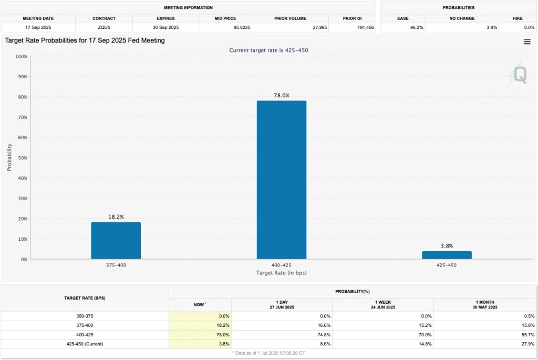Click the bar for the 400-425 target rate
[281, 180]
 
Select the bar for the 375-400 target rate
[116, 240]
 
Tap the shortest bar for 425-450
[447, 255]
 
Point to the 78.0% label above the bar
[281, 96]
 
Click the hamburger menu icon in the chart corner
[527, 42]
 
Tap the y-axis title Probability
[9, 157]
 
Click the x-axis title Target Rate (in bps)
[281, 273]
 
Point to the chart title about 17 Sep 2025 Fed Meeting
[85, 40]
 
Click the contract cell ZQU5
[104, 27]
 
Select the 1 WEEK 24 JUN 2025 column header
[383, 304]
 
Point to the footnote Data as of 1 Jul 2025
[269, 353]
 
